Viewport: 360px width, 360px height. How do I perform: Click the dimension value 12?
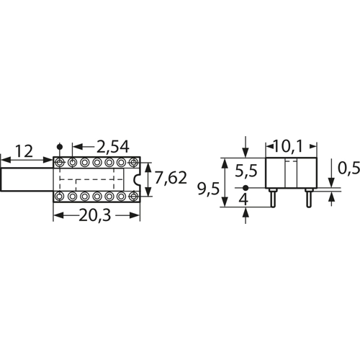tap(24, 151)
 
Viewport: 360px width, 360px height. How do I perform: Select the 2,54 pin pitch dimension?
tap(109, 147)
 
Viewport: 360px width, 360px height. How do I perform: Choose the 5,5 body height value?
tap(246, 171)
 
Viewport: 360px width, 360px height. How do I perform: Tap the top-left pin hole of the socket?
tap(59, 163)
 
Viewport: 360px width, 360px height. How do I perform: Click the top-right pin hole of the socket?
tap(132, 163)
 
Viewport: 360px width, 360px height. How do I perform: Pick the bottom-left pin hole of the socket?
tap(59, 196)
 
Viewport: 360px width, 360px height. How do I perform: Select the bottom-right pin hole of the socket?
tap(132, 196)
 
